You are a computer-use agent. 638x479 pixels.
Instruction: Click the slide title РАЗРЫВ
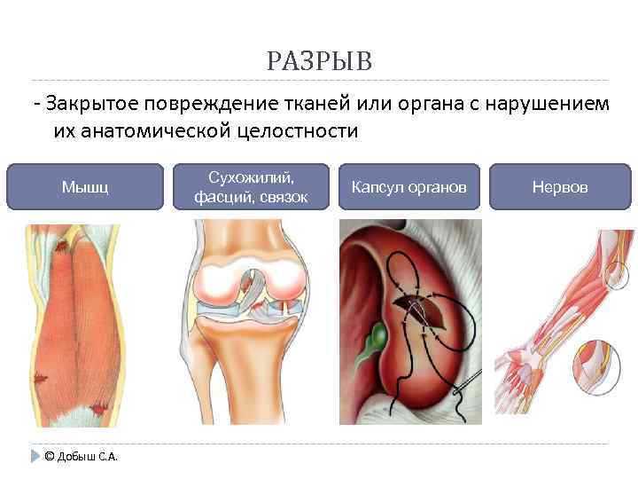[319, 62]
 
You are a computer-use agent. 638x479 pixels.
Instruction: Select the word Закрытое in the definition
[90, 104]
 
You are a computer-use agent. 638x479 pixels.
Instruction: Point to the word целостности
[297, 131]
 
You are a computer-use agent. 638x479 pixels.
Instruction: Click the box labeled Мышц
[85, 187]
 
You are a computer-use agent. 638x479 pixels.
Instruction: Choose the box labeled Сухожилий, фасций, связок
[252, 187]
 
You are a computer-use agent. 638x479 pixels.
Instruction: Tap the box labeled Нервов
[559, 187]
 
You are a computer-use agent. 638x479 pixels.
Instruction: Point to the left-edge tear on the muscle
[39, 379]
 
